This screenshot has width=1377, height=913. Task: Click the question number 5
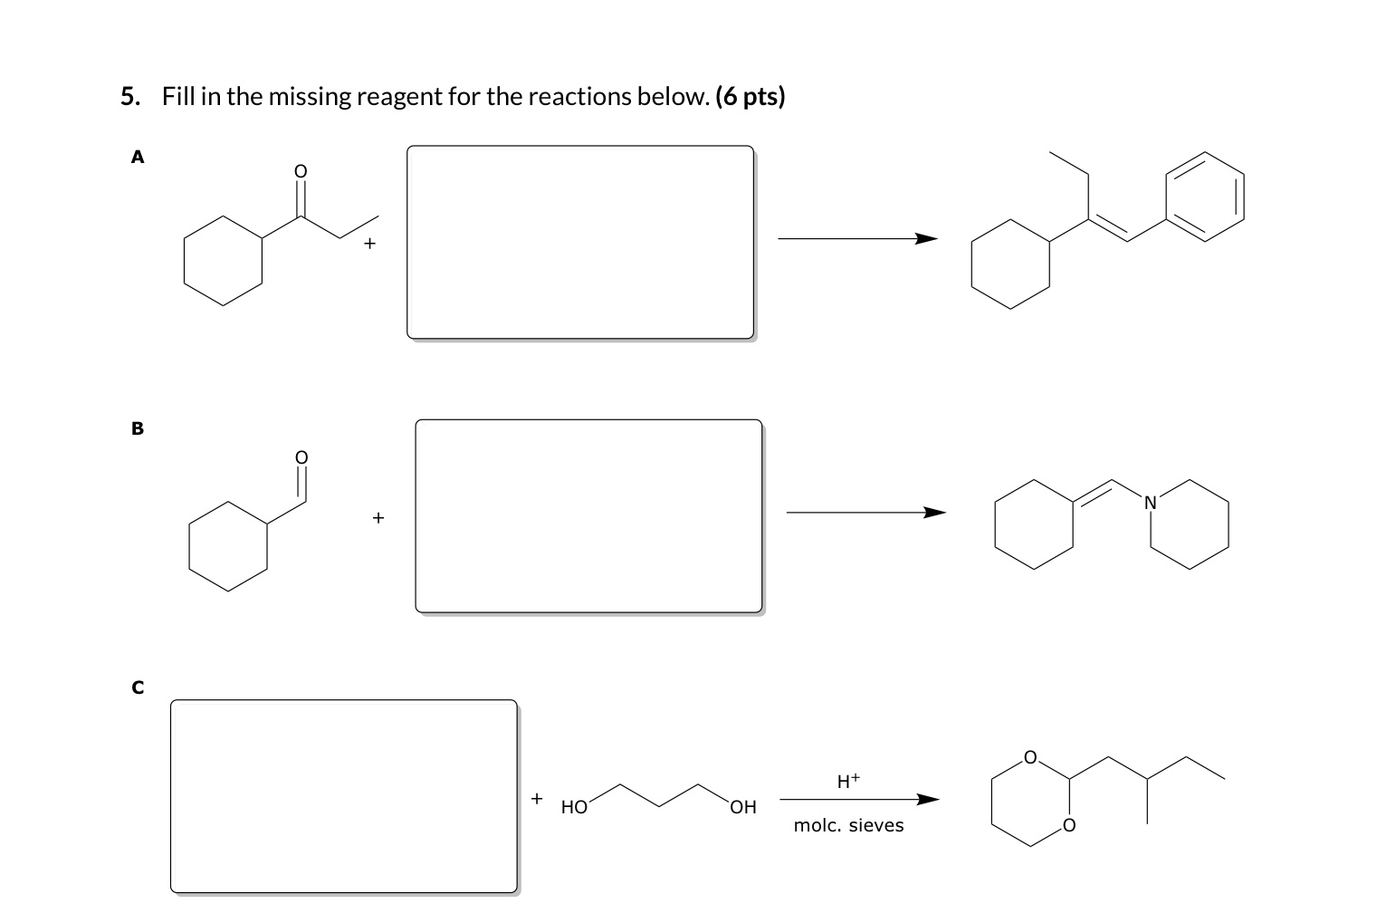click(x=129, y=97)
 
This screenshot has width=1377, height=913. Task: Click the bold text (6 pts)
click(x=750, y=97)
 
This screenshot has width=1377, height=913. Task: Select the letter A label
click(x=138, y=158)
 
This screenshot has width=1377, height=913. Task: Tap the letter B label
click(x=138, y=428)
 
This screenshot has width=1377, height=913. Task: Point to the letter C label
click(x=138, y=687)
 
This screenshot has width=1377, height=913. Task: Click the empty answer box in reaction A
click(x=579, y=242)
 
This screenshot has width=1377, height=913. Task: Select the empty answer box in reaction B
click(x=588, y=515)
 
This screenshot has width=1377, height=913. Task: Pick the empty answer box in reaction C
click(x=343, y=795)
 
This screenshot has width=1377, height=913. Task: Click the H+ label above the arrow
click(x=847, y=780)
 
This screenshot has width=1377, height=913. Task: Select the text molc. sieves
click(x=848, y=825)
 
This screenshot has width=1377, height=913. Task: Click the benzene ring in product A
click(x=1204, y=197)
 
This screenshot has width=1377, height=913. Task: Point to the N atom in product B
click(x=1150, y=502)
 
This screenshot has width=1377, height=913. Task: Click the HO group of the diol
click(x=574, y=807)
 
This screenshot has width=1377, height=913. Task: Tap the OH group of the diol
click(x=742, y=807)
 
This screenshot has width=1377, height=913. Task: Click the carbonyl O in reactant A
click(x=301, y=171)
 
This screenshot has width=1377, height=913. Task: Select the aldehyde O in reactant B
click(x=302, y=456)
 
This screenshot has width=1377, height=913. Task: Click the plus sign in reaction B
click(x=378, y=518)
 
